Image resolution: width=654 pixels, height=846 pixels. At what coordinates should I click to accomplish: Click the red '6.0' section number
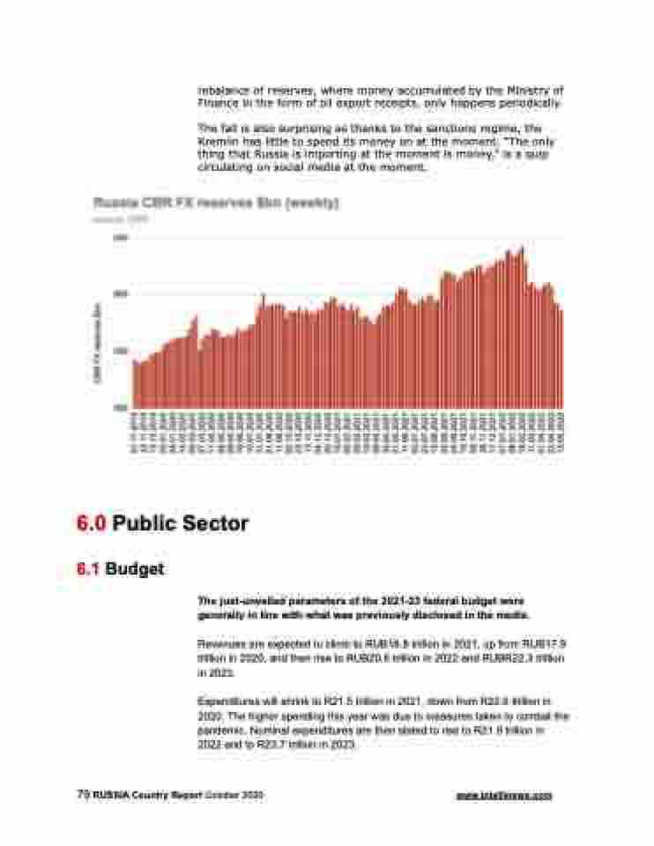tap(91, 523)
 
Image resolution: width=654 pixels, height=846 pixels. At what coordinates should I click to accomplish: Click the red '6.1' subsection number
tap(87, 569)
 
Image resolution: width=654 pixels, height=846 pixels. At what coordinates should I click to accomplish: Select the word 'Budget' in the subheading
tap(134, 569)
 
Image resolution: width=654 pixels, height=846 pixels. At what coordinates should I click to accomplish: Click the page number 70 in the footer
tap(82, 794)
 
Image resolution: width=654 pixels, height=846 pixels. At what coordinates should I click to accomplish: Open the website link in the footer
tap(504, 795)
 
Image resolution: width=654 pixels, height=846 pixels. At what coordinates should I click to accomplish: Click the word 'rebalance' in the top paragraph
tap(221, 90)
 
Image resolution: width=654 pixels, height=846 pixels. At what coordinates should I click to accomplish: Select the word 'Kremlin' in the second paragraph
tap(216, 142)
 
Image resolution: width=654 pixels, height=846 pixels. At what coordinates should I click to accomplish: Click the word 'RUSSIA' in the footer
tap(108, 795)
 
